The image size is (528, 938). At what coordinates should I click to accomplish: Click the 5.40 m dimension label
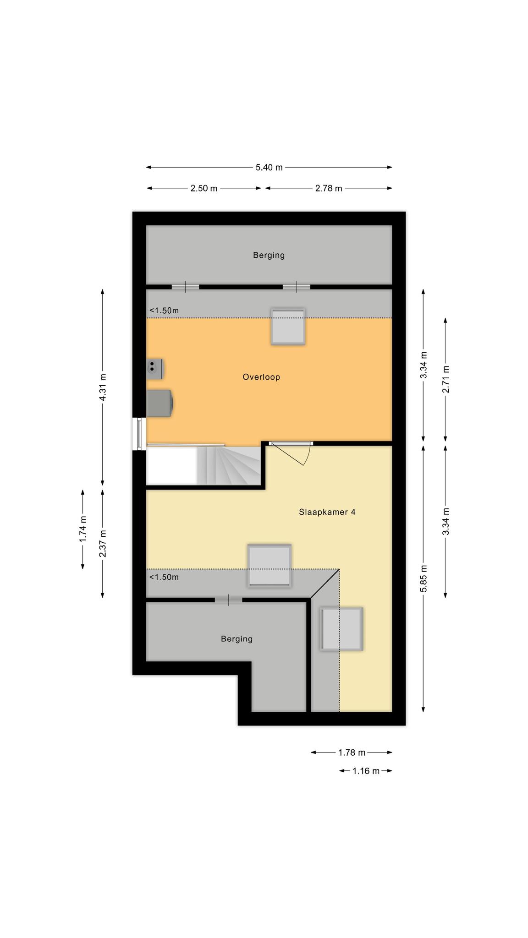point(269,168)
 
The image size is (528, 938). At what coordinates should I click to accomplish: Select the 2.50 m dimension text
point(204,188)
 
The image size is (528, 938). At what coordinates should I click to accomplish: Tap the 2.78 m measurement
point(329,188)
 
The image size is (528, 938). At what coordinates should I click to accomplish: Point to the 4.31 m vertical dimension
point(103,387)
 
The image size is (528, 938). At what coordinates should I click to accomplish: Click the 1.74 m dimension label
point(83,529)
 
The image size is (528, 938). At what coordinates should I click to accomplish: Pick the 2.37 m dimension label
point(103,543)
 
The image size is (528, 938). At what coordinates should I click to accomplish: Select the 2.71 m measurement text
point(445,379)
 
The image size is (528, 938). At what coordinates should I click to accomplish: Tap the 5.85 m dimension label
point(423,578)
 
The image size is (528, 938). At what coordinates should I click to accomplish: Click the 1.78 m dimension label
point(352,752)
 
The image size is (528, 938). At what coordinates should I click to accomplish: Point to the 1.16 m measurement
point(366,771)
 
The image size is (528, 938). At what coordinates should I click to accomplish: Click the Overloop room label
point(261,377)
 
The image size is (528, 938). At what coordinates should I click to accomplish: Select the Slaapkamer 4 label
point(327,512)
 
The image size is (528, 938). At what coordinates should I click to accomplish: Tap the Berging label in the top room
point(269,255)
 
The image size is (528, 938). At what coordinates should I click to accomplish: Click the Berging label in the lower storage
point(236,638)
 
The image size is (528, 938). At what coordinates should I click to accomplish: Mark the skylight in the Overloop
point(288,327)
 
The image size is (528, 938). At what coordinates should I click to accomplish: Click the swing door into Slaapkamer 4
point(291,453)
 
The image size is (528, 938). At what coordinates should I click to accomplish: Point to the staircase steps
point(229,465)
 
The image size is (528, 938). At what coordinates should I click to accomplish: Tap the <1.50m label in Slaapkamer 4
point(164,577)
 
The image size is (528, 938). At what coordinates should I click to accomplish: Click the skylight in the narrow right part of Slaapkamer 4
point(341,629)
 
